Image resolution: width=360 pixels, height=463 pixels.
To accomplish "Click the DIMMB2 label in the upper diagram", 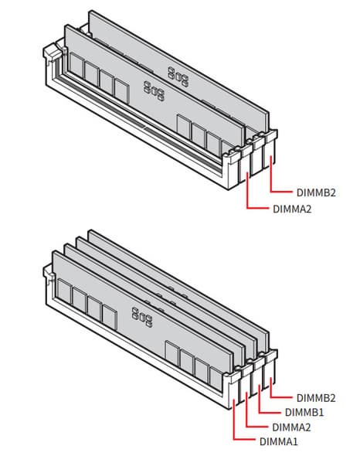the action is [316, 192].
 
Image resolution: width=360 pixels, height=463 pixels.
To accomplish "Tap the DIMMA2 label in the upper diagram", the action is [292, 209].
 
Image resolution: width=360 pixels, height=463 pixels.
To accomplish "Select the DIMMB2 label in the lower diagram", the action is [316, 398].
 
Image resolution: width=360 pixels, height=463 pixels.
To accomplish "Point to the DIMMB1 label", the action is [304, 412].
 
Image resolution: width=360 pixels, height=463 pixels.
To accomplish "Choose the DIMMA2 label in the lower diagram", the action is [291, 427].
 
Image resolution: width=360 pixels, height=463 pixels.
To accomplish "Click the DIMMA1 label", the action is [279, 441].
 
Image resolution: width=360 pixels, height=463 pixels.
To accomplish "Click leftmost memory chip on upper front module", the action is [76, 66].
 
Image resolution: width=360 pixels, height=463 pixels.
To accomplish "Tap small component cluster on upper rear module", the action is [178, 77].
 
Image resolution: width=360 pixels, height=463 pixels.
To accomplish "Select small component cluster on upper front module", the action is [154, 91].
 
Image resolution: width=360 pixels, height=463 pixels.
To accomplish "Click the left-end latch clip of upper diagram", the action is [53, 53].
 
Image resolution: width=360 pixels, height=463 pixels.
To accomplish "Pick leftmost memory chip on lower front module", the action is [64, 291].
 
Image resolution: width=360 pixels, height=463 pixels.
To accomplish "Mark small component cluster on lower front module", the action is [142, 317].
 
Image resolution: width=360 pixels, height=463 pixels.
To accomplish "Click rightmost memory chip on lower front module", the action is [216, 380].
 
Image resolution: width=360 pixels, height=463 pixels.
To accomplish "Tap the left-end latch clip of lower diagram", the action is [49, 272].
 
